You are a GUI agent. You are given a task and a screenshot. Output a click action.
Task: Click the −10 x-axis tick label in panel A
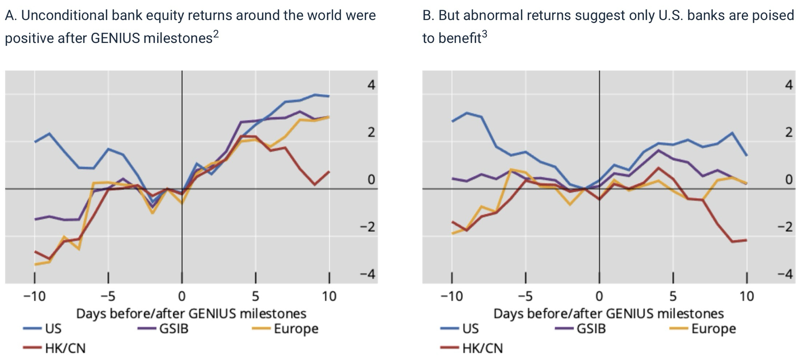click(x=35, y=296)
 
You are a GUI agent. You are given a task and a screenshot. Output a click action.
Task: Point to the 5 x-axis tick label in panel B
click(x=673, y=296)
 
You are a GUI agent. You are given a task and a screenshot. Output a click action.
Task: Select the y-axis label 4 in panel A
click(x=371, y=85)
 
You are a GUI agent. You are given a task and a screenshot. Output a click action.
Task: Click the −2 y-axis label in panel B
click(x=785, y=227)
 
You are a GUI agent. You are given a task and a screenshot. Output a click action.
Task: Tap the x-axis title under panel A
click(x=191, y=314)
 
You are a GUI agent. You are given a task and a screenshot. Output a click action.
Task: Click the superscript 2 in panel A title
click(x=216, y=34)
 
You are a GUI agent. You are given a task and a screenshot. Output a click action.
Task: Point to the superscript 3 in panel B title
click(x=484, y=34)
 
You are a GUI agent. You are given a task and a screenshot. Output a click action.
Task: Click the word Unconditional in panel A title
click(x=64, y=16)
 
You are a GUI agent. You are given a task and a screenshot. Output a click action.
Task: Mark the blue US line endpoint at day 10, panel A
click(x=329, y=96)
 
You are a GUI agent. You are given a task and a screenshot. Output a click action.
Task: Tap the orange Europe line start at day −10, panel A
click(x=35, y=264)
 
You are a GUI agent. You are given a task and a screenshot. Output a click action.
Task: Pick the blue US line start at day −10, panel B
click(x=452, y=121)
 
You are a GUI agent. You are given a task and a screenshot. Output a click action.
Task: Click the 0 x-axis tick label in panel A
click(x=182, y=296)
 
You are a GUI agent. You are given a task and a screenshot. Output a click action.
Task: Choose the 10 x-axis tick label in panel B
click(x=747, y=296)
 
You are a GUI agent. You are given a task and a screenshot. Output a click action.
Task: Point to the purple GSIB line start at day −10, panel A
click(x=35, y=219)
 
